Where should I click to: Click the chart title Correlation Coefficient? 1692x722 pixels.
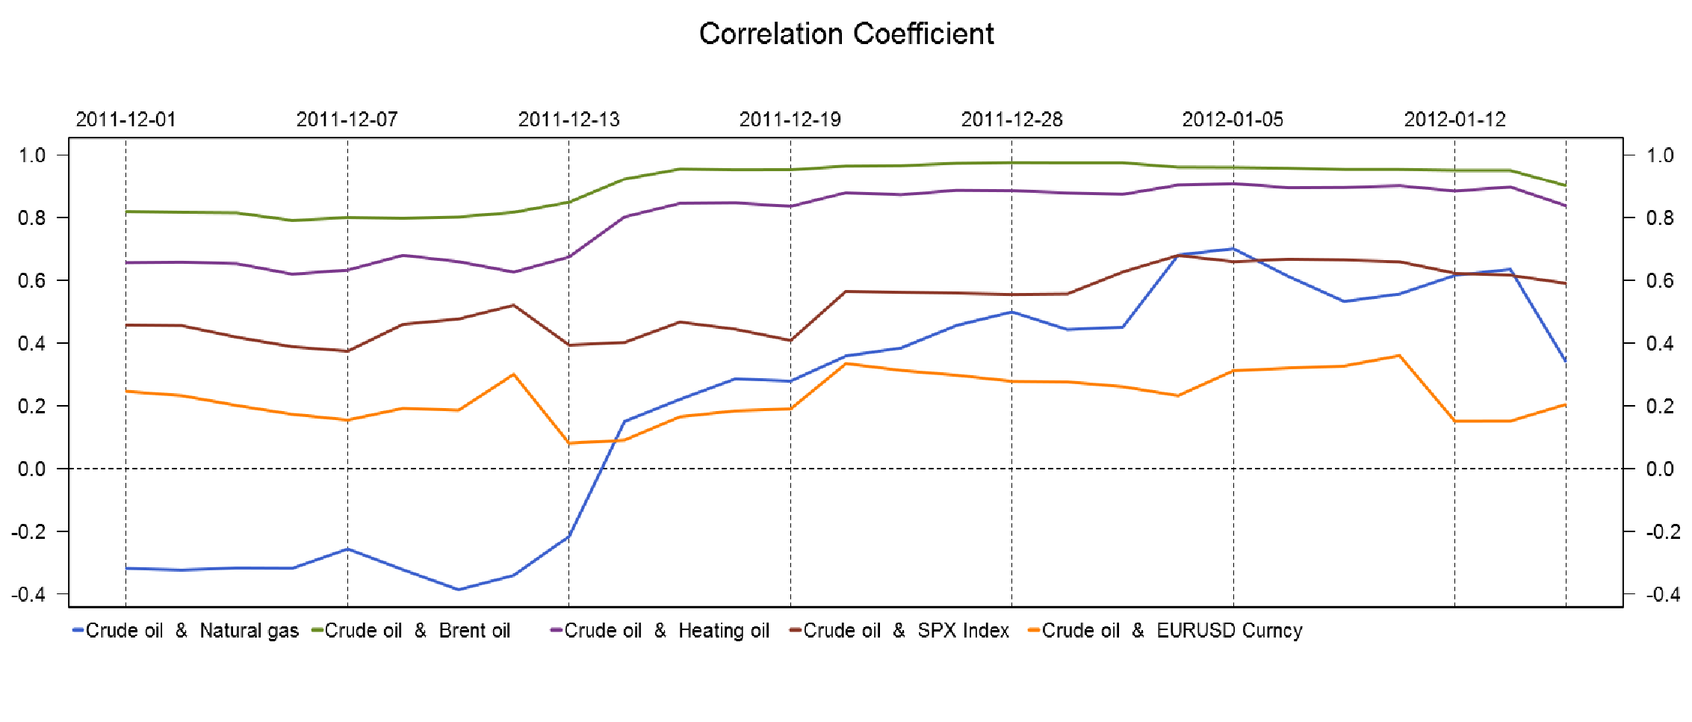pyautogui.click(x=846, y=34)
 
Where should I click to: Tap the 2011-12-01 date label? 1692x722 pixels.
pyautogui.click(x=125, y=120)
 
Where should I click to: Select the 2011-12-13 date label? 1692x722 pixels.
pyautogui.click(x=568, y=120)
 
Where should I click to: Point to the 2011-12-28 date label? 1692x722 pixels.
pyautogui.click(x=1011, y=120)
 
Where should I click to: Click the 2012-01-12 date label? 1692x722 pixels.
pyautogui.click(x=1454, y=120)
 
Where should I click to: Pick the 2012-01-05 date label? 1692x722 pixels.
pyautogui.click(x=1233, y=120)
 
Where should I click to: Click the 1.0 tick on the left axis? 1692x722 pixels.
pyautogui.click(x=32, y=155)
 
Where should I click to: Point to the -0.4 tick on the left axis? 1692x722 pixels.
pyautogui.click(x=28, y=595)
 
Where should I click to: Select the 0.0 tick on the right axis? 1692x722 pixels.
pyautogui.click(x=1660, y=469)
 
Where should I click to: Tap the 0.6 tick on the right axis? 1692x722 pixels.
pyautogui.click(x=1660, y=281)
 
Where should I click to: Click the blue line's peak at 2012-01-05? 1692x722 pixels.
pyautogui.click(x=1233, y=249)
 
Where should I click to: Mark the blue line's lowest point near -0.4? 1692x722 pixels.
pyautogui.click(x=458, y=590)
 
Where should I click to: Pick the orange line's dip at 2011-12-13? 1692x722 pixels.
pyautogui.click(x=569, y=443)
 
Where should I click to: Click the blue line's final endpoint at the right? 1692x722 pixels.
pyautogui.click(x=1565, y=361)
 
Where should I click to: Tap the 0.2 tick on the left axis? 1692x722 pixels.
pyautogui.click(x=32, y=407)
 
